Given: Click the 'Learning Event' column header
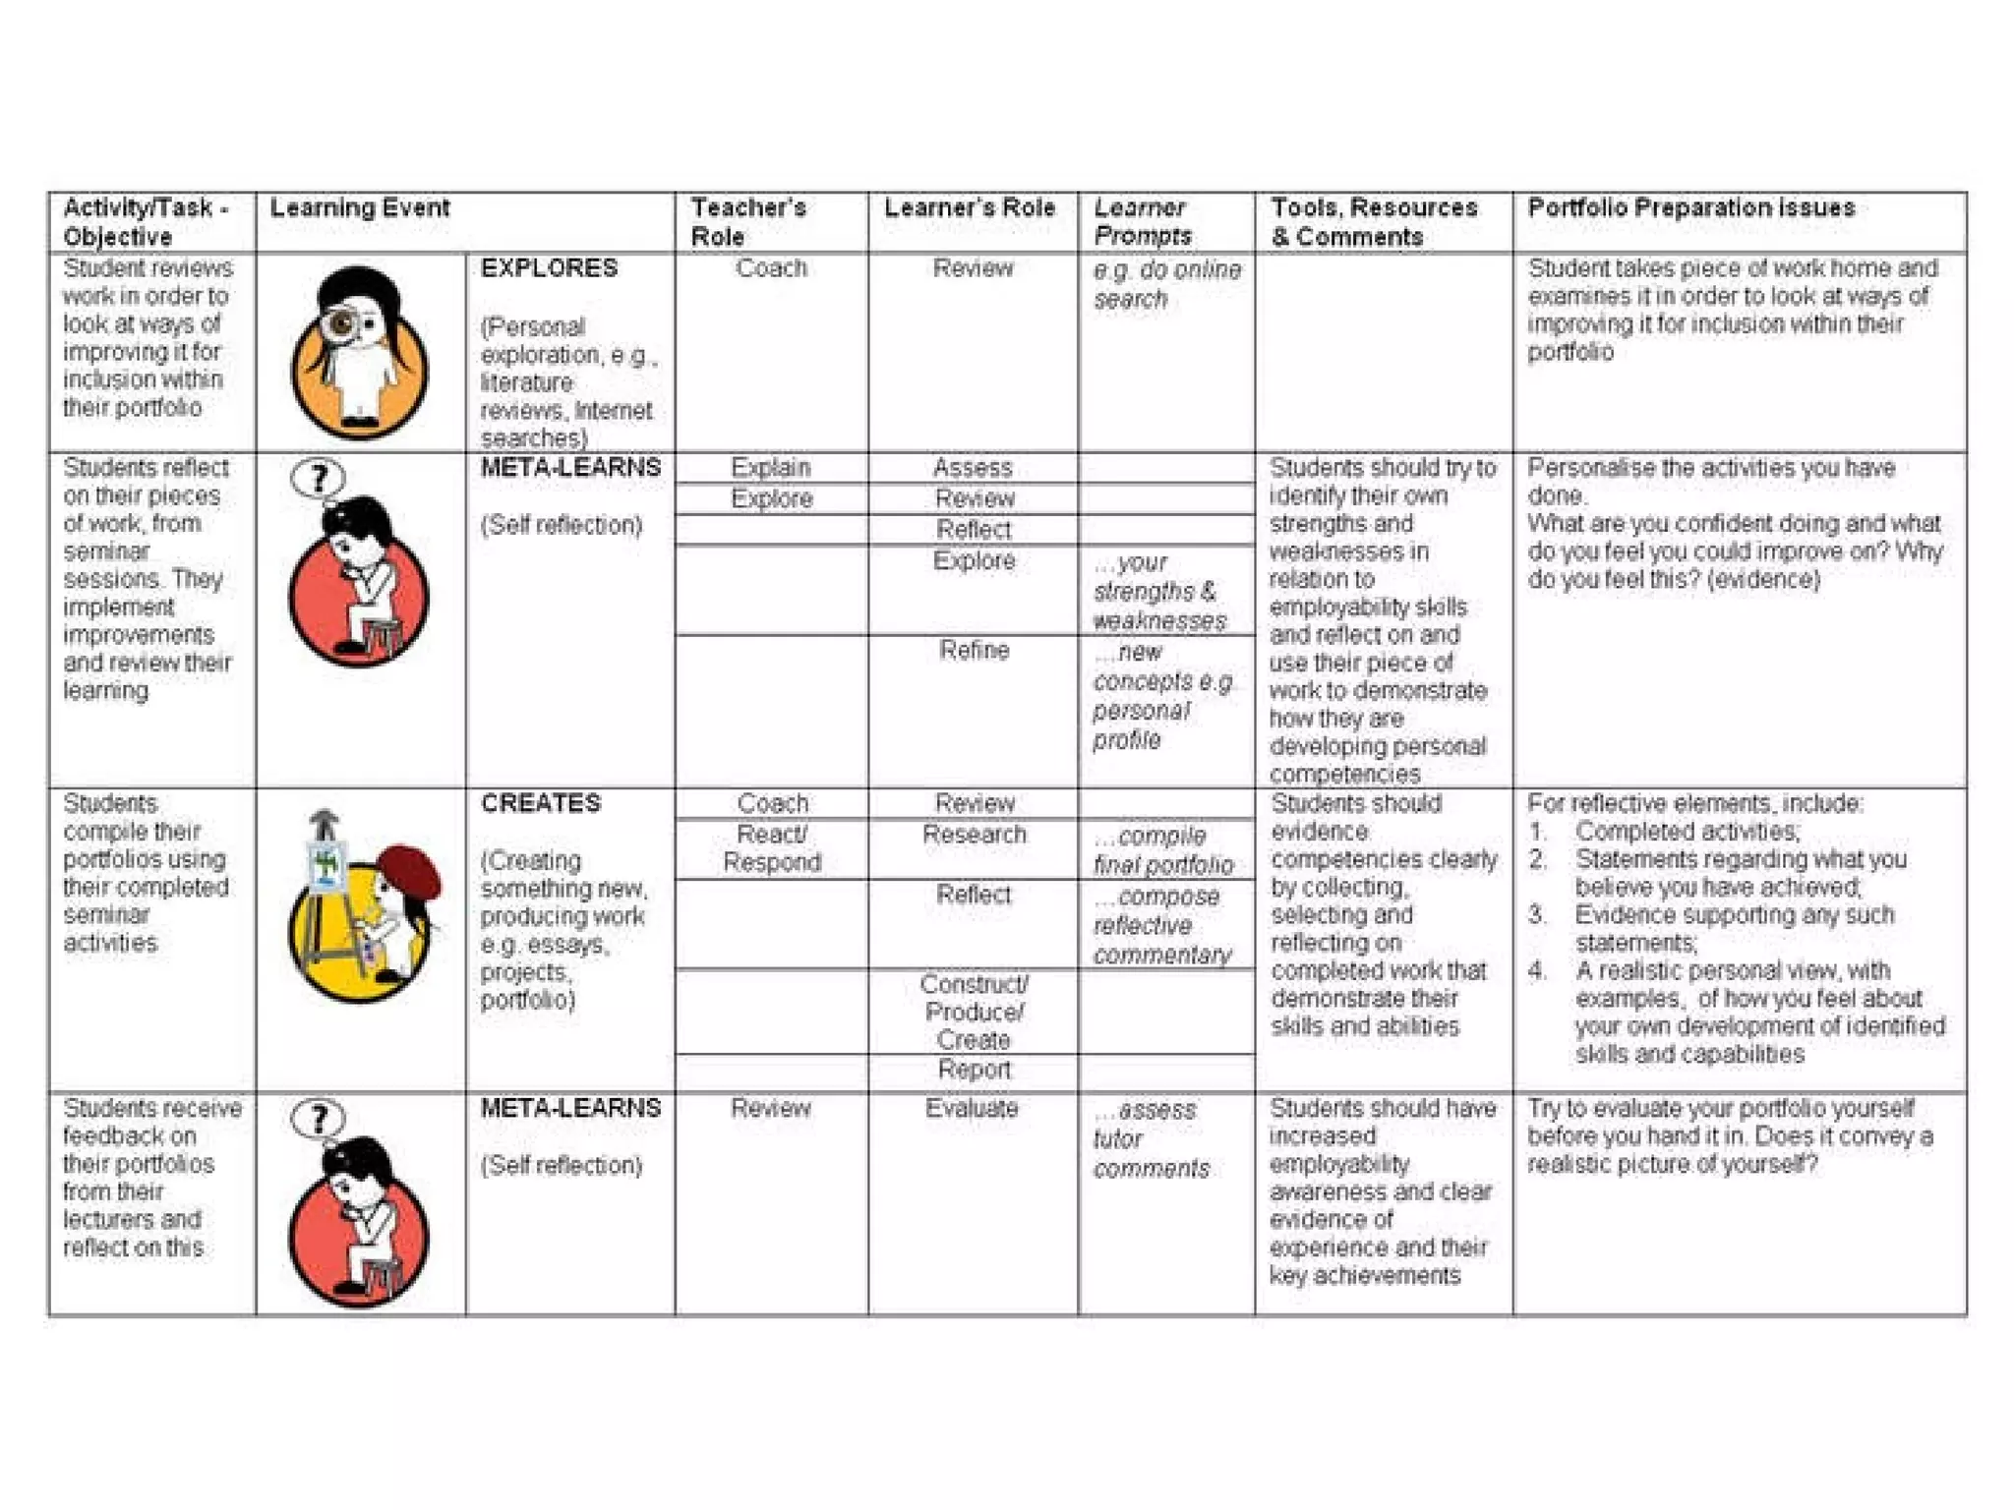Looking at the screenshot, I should [x=360, y=207].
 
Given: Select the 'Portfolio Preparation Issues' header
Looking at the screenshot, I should [x=1690, y=207].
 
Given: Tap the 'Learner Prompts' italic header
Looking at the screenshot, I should [x=1142, y=221].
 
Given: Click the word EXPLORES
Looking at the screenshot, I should [x=549, y=267].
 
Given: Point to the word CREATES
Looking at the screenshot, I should [x=540, y=803].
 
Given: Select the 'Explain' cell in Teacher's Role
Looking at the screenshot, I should [x=771, y=467].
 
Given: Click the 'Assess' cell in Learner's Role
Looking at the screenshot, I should [x=973, y=467].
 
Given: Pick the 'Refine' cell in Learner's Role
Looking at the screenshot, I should [x=974, y=650].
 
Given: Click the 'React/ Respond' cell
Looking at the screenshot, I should [x=772, y=847].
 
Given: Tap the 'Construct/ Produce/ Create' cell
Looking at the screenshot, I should [x=974, y=1012].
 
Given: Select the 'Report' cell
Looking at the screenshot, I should [x=974, y=1070].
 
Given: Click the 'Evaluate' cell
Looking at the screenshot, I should [x=972, y=1108].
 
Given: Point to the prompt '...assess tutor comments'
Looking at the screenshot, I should [x=1150, y=1138].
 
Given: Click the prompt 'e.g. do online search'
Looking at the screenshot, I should [x=1166, y=283].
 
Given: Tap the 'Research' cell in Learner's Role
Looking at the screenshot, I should [x=974, y=835].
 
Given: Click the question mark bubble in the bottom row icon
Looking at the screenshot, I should [x=319, y=1119].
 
